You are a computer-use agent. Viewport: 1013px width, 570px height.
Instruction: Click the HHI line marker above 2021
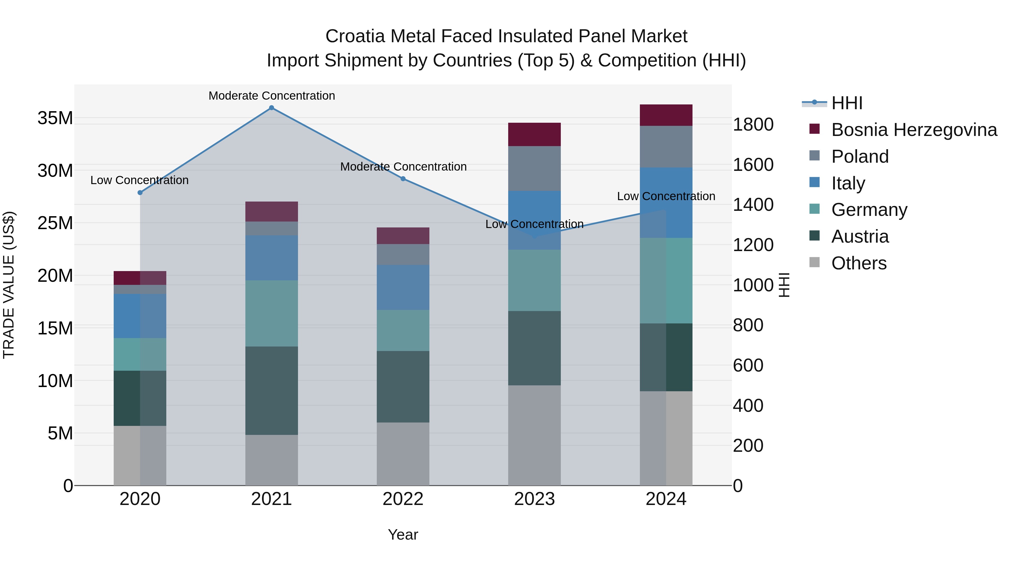click(271, 108)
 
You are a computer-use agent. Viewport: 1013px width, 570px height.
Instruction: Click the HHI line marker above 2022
click(403, 178)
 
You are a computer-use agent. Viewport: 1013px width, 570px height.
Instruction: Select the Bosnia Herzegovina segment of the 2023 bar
click(534, 134)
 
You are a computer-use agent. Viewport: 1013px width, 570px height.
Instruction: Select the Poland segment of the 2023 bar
click(534, 168)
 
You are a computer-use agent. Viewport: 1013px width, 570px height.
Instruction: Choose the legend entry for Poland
click(860, 157)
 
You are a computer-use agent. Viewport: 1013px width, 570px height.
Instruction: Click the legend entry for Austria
click(860, 236)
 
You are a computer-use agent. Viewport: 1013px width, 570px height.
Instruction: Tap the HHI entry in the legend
click(847, 103)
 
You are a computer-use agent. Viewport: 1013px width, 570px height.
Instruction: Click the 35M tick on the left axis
click(55, 118)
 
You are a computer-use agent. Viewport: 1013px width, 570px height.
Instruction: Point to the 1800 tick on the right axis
click(753, 125)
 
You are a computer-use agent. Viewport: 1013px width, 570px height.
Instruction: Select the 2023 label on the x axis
click(534, 499)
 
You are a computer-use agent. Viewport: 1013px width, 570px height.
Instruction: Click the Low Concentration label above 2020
click(140, 180)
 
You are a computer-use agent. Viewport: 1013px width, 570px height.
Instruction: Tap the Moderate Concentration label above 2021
click(271, 96)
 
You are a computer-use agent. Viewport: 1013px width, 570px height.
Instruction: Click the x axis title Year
click(403, 535)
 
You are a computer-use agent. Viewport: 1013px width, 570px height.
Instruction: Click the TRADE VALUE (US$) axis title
click(9, 285)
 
